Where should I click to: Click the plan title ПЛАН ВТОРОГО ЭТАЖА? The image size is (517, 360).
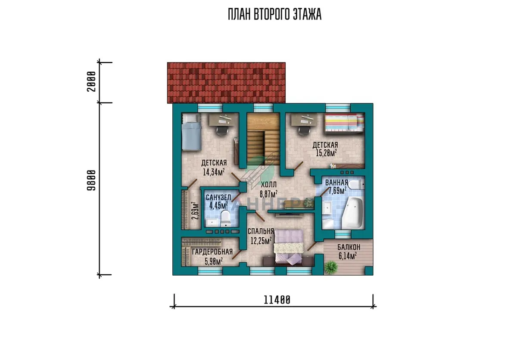point(274,14)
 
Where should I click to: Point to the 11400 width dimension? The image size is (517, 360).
point(277,300)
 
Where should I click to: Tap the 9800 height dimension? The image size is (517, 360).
point(91,180)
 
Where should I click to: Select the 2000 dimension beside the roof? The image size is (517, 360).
point(91,81)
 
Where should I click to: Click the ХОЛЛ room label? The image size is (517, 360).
point(269,185)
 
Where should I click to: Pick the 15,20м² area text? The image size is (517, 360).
point(326,153)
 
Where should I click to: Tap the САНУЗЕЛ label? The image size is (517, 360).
point(218,197)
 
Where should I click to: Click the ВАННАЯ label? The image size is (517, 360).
point(336,183)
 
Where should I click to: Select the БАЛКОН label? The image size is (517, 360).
point(349,247)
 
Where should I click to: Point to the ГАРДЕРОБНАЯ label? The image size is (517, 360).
point(212,252)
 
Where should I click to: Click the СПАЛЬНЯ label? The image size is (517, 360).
point(261,231)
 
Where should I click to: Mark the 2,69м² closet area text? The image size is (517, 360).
point(195,211)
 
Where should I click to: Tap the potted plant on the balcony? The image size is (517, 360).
point(331,267)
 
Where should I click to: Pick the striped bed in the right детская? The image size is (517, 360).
point(344,123)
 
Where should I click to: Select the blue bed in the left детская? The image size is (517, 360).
point(191,132)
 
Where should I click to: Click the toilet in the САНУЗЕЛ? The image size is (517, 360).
point(225,219)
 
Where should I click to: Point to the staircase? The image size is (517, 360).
point(263,139)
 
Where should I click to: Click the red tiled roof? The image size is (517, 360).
point(226,83)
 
